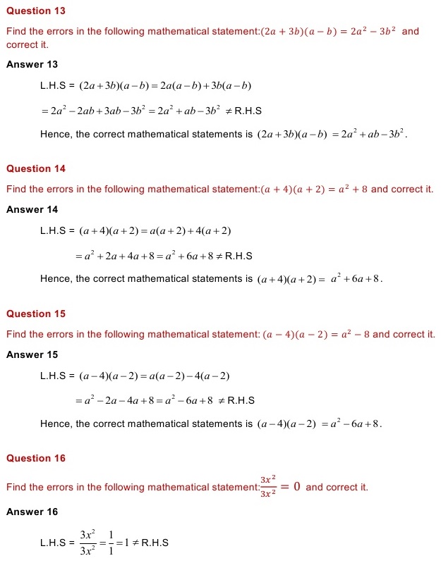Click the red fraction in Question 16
[267, 486]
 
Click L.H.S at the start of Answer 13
[54, 87]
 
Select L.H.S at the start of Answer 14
[54, 231]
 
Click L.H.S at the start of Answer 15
[54, 376]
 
